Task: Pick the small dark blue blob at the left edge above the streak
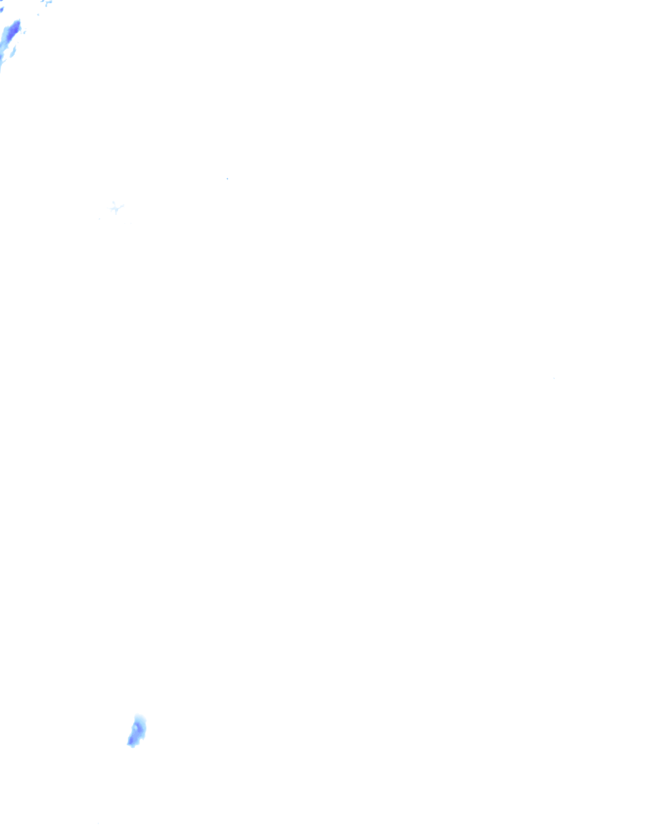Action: (1, 9)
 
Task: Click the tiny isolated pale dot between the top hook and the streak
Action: (37, 14)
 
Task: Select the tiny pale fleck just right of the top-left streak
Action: (25, 32)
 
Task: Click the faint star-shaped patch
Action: (116, 207)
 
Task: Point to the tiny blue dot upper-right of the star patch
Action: (227, 178)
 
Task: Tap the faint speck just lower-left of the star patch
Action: (99, 219)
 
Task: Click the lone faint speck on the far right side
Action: (554, 378)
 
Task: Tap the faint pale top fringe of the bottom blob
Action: (138, 716)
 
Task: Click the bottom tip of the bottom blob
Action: (132, 746)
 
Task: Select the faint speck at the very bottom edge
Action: (98, 823)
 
